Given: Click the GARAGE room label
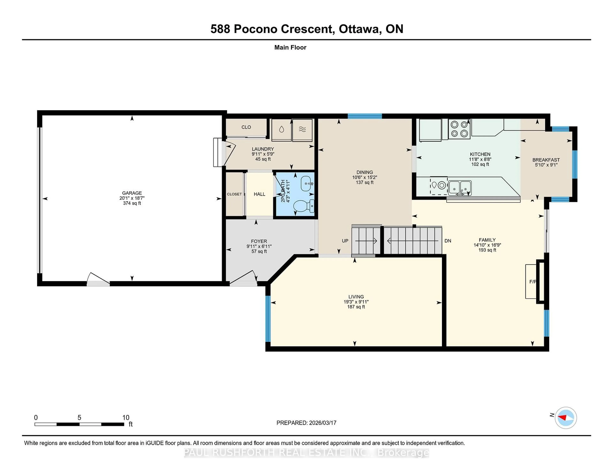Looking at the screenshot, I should (132, 193).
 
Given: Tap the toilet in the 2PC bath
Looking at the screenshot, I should (304, 206).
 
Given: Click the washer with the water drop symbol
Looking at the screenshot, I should (281, 130).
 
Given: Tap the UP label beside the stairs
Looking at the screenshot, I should (345, 241).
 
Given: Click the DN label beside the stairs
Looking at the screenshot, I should (448, 241).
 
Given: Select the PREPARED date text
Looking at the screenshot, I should (306, 423).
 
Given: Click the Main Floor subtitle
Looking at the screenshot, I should (290, 47).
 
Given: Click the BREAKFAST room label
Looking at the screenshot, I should (546, 160).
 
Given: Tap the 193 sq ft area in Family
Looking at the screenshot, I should (487, 250).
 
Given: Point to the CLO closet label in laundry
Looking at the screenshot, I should (246, 127).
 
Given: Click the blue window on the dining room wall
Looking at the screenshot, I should (365, 116).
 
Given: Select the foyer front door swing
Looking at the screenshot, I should (243, 278).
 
